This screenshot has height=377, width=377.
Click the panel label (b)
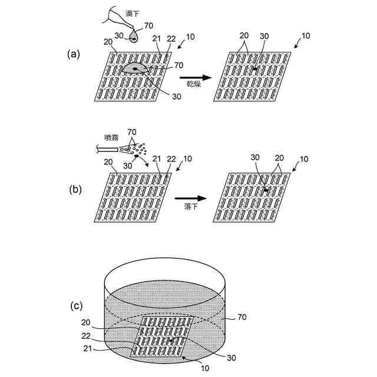point(75,190)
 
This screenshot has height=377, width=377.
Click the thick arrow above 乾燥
point(194,77)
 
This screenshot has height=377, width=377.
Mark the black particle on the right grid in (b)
point(266,190)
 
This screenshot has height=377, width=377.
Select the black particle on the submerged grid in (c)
point(170,340)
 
